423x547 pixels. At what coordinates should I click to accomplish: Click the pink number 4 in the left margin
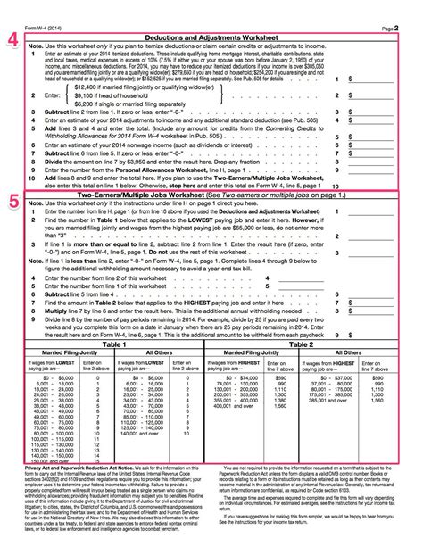click(x=12, y=39)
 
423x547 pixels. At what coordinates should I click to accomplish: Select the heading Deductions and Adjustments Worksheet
click(x=211, y=39)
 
